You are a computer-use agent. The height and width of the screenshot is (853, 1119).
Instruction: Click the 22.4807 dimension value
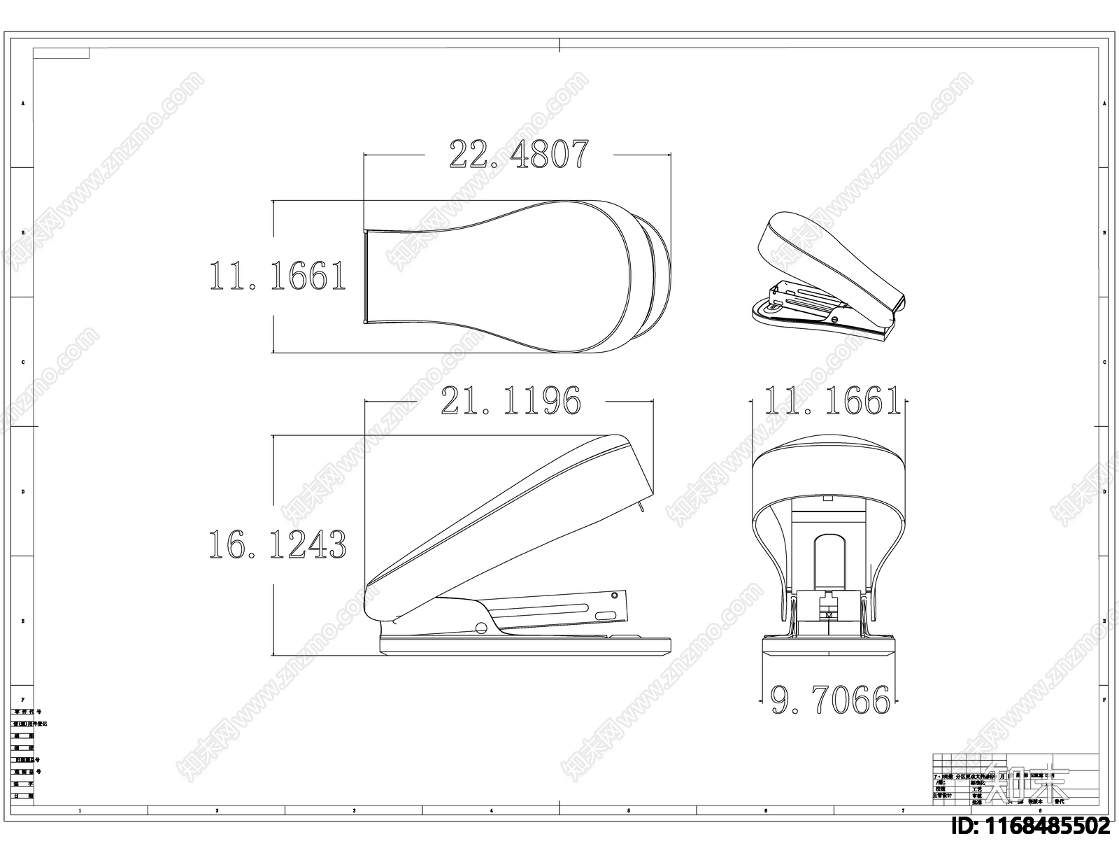coord(518,154)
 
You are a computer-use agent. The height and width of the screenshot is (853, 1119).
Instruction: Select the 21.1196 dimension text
coord(511,400)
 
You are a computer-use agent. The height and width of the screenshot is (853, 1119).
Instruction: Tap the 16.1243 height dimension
coord(278,544)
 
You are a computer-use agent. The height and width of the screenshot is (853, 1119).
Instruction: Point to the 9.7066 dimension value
coord(830,700)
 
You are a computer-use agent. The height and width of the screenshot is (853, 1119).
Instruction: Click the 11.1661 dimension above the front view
coord(832,401)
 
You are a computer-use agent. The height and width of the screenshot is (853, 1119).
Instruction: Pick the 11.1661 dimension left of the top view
coord(278,276)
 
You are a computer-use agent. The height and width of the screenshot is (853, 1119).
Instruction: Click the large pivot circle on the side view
coord(481,626)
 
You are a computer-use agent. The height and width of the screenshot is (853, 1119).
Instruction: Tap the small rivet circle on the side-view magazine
coord(614,595)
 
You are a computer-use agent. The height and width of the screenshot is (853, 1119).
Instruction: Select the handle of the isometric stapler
coord(825,255)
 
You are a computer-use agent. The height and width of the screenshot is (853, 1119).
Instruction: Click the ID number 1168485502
coord(1032,826)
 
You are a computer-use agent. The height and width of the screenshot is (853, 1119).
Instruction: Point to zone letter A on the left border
coord(22,103)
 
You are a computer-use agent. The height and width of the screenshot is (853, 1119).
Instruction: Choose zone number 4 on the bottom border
coord(491,810)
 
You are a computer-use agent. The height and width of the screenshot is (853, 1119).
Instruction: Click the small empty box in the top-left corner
coord(61,52)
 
